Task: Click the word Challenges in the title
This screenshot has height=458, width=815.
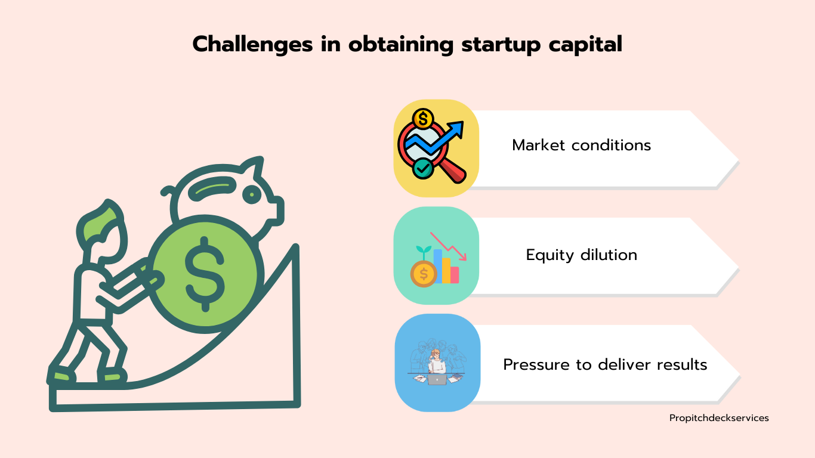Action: (x=252, y=44)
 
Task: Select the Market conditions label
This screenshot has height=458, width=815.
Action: (x=581, y=145)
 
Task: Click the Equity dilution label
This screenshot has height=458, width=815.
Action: (x=581, y=255)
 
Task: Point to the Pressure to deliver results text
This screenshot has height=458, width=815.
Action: (x=605, y=364)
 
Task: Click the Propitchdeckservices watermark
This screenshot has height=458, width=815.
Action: (x=719, y=418)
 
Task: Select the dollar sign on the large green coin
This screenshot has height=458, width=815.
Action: (x=205, y=274)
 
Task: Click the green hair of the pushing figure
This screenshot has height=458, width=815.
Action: (x=100, y=222)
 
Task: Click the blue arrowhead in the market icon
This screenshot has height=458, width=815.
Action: (x=456, y=129)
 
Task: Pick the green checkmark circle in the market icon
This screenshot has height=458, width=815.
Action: (x=422, y=168)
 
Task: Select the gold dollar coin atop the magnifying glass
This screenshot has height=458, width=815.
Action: (x=423, y=119)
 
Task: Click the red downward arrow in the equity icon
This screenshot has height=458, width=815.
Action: (x=448, y=246)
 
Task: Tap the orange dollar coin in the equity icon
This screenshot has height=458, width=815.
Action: (x=424, y=274)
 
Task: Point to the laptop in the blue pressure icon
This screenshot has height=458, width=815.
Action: (x=437, y=379)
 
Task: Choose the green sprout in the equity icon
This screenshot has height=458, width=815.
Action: (x=424, y=252)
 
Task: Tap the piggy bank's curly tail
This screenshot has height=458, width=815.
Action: (x=168, y=191)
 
